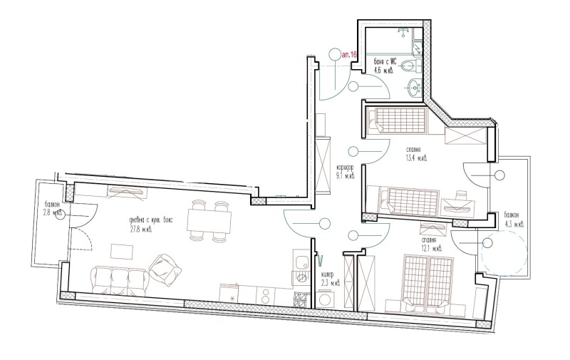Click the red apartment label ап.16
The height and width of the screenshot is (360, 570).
349,53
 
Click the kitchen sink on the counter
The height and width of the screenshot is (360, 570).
302,262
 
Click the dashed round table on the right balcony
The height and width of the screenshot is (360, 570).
503,253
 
